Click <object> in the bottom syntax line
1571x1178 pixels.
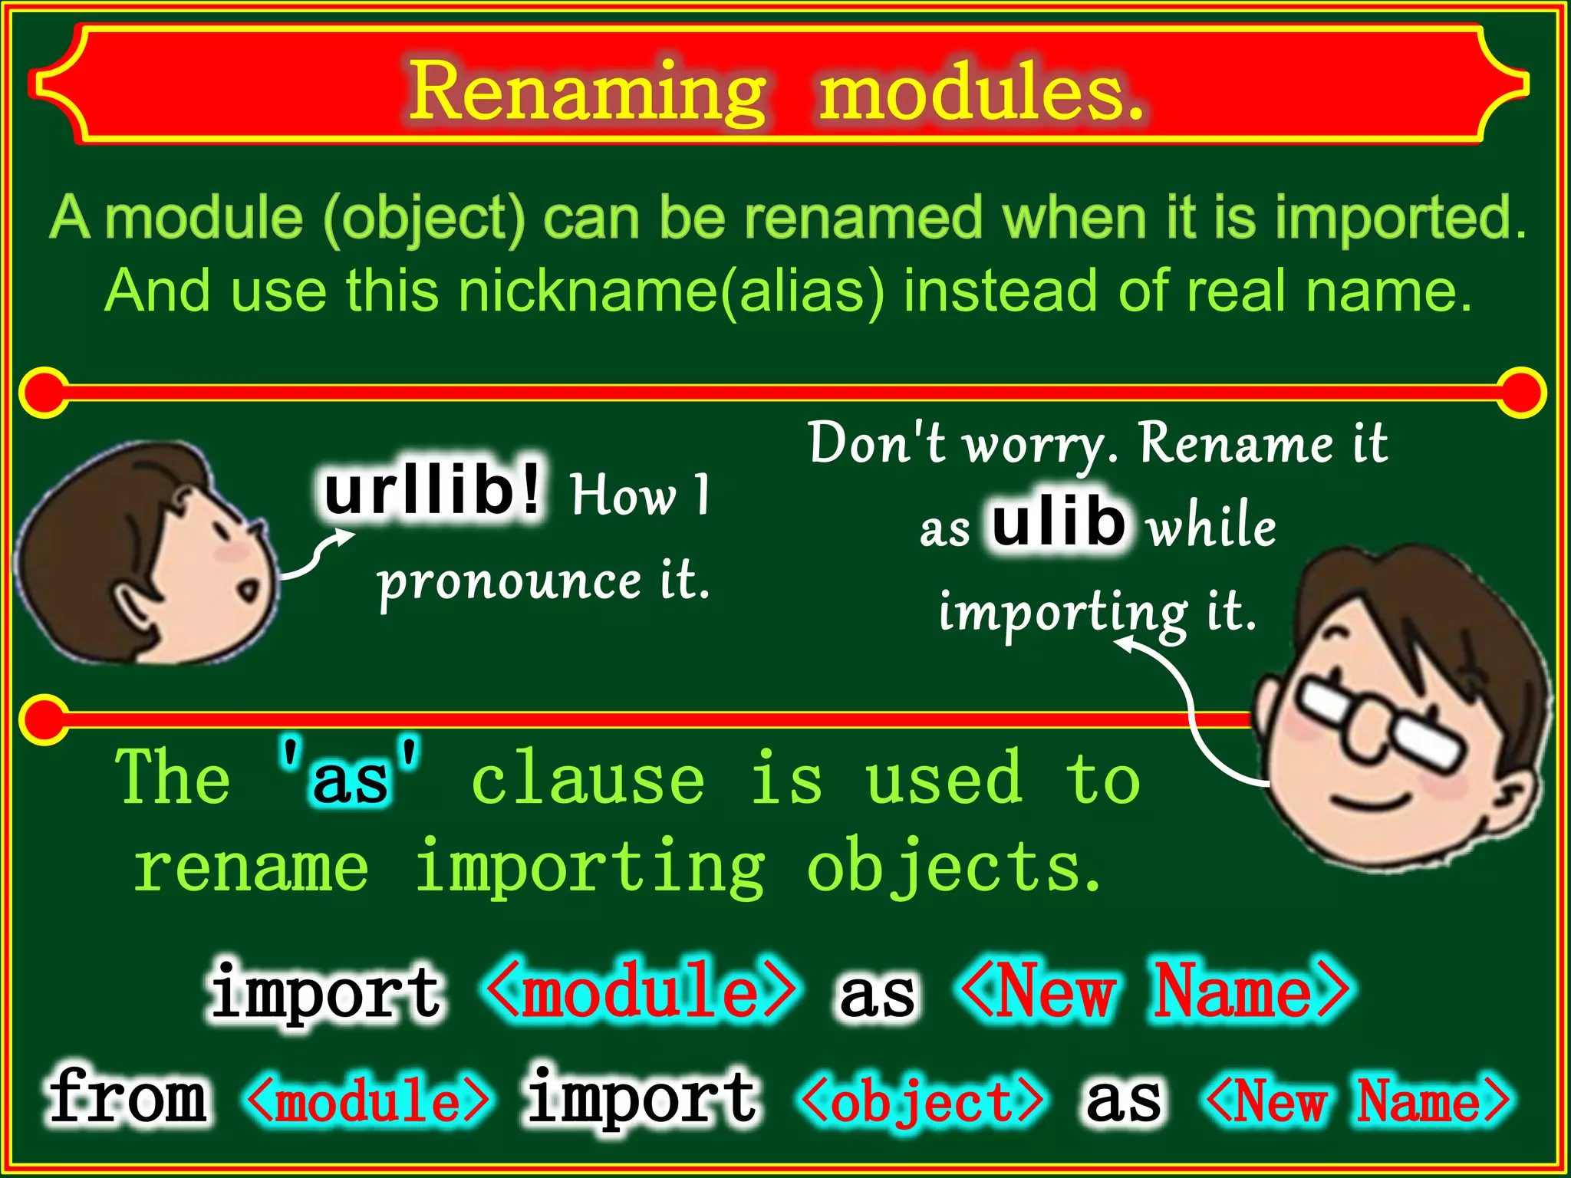(921, 1101)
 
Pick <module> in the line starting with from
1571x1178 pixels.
(367, 1101)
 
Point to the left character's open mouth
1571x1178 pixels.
(249, 591)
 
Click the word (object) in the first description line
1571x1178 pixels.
(424, 219)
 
